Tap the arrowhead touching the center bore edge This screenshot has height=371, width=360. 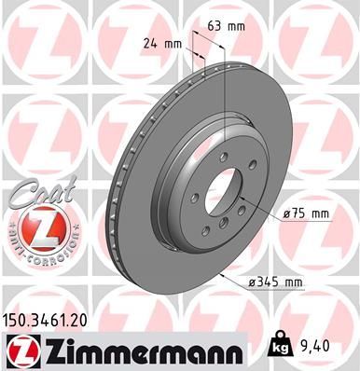(241, 202)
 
